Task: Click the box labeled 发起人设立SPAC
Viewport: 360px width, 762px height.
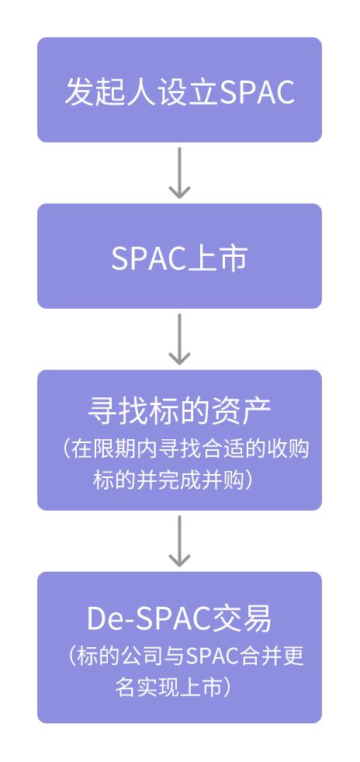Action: pos(179,90)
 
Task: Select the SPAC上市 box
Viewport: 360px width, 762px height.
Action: pos(179,256)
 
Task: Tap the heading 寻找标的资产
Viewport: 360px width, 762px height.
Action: pos(179,411)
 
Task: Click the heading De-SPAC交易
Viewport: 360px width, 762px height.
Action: pos(179,618)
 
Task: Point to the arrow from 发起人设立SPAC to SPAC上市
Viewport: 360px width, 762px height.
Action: pos(179,172)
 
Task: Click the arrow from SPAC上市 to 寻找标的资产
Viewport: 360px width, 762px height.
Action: pos(179,339)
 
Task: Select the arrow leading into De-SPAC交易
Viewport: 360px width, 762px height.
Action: pos(179,541)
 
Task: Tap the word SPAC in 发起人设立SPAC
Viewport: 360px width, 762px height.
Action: pos(258,91)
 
